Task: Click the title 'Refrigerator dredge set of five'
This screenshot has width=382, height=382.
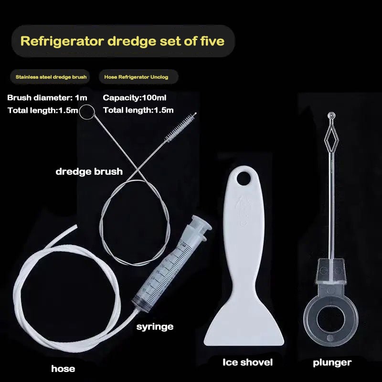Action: tap(122, 41)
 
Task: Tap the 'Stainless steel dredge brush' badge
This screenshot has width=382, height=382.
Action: tap(51, 77)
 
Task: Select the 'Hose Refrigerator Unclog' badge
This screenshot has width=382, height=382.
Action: tap(136, 77)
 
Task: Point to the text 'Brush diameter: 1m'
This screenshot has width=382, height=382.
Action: tap(47, 98)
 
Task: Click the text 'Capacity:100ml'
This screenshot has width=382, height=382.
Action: tap(135, 98)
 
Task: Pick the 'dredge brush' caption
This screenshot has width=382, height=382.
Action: tap(89, 171)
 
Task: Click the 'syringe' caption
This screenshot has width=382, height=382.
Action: tap(155, 327)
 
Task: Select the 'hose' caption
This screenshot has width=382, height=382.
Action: tap(63, 369)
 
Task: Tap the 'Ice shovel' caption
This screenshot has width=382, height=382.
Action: tap(247, 362)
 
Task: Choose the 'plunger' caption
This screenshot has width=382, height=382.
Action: tap(332, 363)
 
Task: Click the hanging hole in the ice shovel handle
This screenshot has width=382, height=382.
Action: tap(244, 178)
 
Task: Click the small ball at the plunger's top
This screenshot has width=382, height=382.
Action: tap(331, 115)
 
